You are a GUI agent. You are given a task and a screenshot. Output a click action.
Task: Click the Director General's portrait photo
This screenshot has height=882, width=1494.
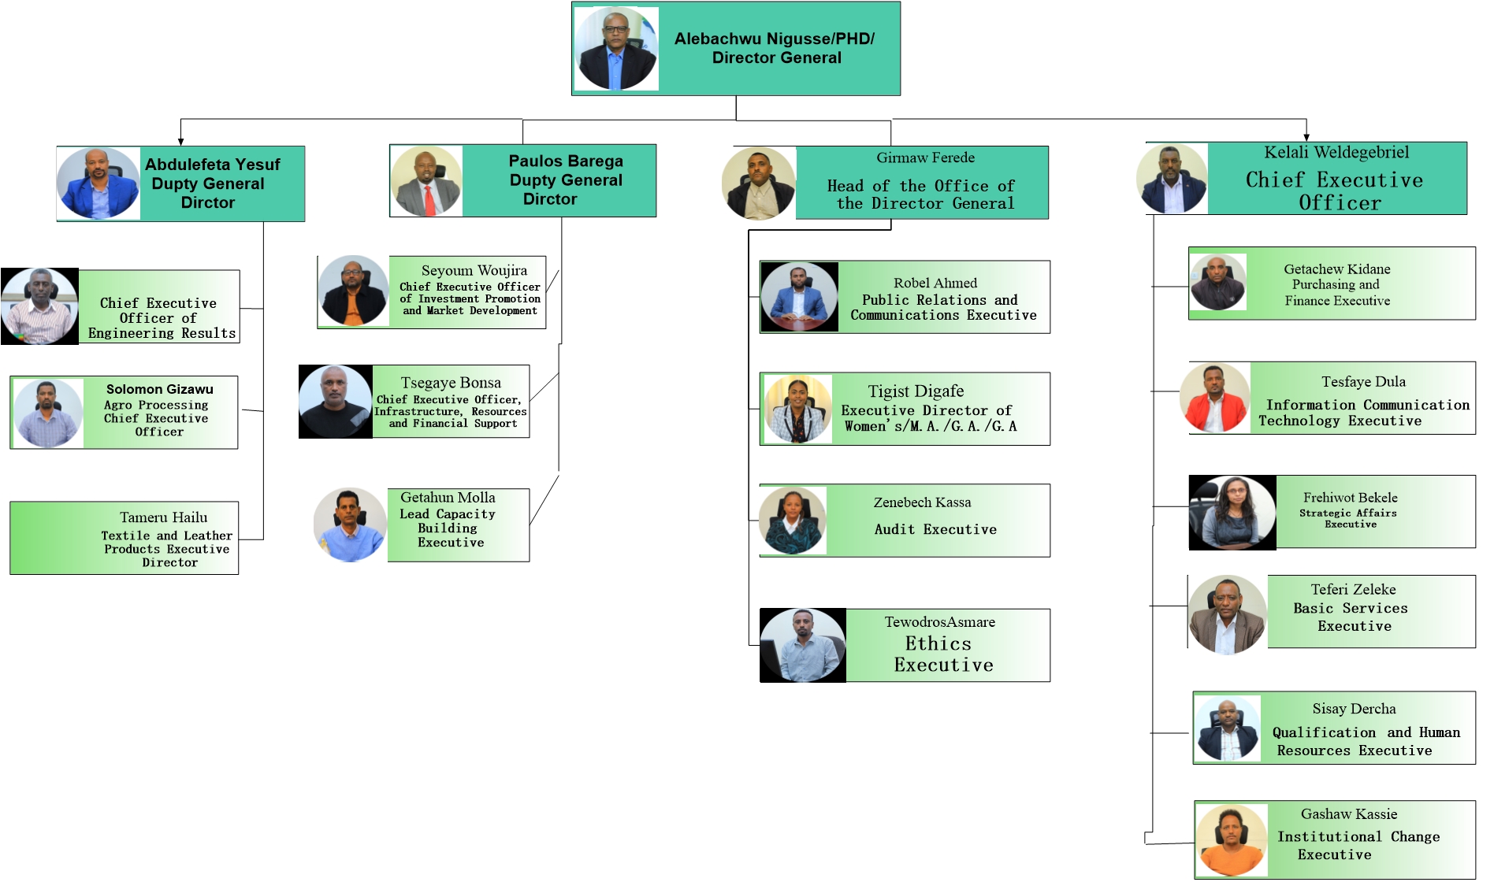tap(616, 49)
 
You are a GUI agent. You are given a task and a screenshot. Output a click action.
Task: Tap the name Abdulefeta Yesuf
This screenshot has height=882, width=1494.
tap(212, 165)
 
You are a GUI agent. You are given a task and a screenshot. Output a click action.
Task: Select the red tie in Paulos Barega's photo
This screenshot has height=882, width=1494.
tap(429, 200)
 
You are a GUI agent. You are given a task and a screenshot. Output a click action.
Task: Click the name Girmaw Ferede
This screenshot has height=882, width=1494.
tap(925, 157)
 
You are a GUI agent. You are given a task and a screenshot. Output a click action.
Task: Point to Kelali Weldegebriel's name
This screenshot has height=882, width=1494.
tap(1336, 152)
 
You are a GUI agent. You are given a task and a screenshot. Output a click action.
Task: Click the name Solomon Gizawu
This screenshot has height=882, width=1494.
tap(160, 389)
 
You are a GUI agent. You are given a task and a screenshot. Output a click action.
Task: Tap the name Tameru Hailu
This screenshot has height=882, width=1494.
tap(164, 517)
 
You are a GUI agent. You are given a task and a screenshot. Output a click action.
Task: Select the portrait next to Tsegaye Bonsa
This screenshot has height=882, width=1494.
tap(335, 402)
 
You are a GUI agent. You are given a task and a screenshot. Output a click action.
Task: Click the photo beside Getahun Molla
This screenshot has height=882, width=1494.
tap(349, 524)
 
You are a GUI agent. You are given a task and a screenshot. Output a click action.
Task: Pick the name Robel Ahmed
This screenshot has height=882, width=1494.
tap(935, 283)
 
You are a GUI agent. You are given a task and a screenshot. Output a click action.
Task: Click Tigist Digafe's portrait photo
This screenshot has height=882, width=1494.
tap(797, 409)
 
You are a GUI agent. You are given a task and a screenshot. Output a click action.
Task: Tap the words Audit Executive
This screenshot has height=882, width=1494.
tap(935, 529)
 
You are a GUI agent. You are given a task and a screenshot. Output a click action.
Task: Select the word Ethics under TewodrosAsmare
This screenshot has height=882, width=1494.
tap(938, 643)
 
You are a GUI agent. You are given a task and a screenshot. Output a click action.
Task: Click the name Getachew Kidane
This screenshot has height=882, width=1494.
tap(1336, 269)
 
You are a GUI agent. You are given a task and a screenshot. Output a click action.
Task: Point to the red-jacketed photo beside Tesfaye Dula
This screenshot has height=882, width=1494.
tap(1214, 398)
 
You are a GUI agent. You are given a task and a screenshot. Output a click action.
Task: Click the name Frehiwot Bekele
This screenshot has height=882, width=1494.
tap(1350, 498)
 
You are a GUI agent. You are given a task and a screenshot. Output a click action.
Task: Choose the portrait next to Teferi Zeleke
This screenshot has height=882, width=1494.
tap(1227, 614)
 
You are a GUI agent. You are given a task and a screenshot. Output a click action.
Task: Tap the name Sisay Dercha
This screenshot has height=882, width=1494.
tap(1354, 709)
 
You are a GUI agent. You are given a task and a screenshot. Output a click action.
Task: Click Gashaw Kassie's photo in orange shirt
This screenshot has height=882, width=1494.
tap(1231, 840)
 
